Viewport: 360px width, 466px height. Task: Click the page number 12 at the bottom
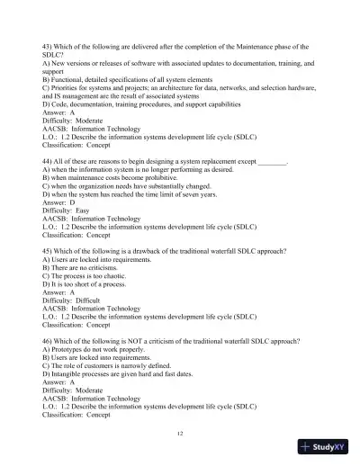(180, 433)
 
